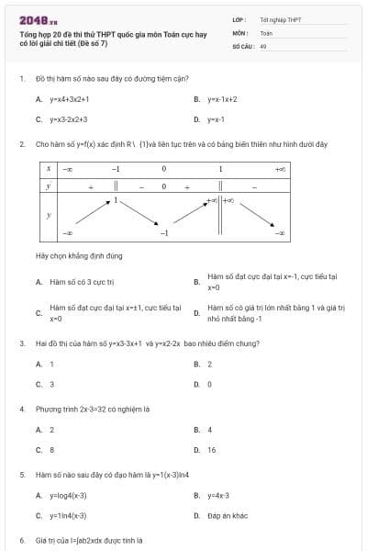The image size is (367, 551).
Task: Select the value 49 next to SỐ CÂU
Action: point(263,45)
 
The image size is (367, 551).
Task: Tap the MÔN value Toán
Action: point(267,32)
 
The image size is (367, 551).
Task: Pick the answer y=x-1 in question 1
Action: point(217,119)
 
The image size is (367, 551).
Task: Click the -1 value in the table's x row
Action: point(116,169)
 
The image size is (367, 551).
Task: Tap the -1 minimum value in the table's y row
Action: point(163,234)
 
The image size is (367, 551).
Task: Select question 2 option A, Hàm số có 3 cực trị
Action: point(81,282)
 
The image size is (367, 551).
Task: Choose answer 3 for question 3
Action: point(51,384)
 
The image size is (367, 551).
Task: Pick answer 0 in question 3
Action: point(209,384)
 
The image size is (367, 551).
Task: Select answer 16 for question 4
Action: point(212,450)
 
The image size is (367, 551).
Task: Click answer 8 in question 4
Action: point(51,450)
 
